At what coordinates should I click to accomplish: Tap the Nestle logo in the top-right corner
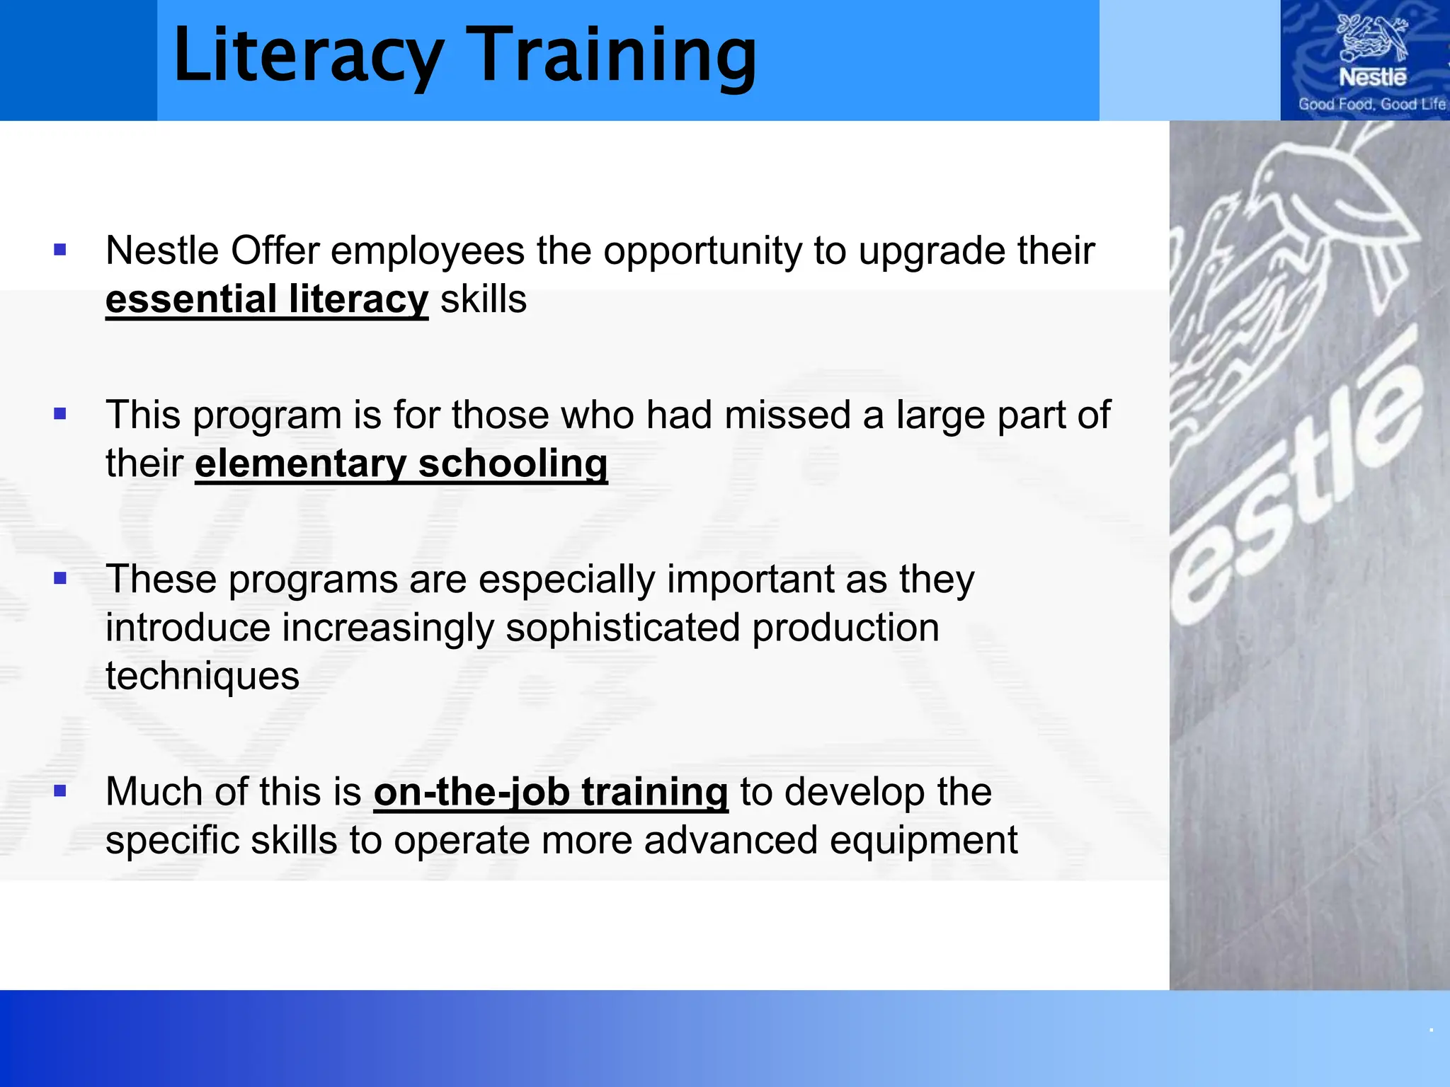point(1371,50)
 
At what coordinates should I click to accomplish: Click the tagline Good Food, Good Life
point(1371,105)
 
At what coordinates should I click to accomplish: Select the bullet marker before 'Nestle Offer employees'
point(60,250)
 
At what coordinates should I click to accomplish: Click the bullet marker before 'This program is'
point(60,414)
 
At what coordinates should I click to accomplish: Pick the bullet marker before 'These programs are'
point(60,579)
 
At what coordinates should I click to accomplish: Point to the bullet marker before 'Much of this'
point(60,791)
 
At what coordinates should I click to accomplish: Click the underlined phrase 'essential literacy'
point(267,299)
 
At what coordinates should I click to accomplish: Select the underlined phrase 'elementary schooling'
point(401,464)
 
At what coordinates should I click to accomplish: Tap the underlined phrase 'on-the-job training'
point(551,792)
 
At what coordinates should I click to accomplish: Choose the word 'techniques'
point(202,677)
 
